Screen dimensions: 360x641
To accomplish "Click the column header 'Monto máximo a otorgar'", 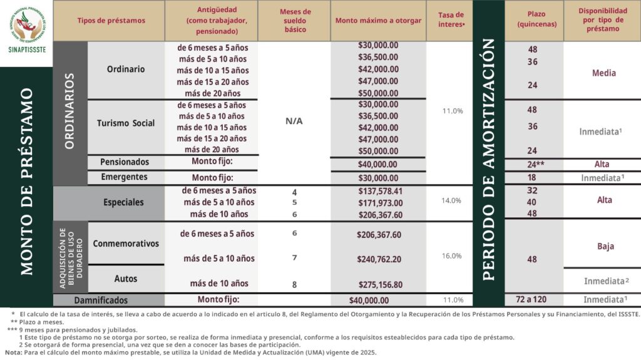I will click(x=378, y=21).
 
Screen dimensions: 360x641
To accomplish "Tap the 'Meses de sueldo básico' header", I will click(x=294, y=21).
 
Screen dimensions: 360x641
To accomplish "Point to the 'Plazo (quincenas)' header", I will click(x=533, y=19).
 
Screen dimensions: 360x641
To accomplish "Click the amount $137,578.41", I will click(x=380, y=191).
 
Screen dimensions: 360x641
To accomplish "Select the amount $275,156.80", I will click(x=380, y=284).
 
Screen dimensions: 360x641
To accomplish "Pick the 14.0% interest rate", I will click(x=451, y=201).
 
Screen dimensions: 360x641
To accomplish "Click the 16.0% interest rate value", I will click(x=451, y=256).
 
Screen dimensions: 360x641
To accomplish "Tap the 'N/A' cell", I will click(x=294, y=121).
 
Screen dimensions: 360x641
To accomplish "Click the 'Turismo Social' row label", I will click(x=126, y=123).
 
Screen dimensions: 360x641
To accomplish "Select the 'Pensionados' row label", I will click(x=125, y=162).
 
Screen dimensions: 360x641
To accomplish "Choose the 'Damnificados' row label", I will click(x=101, y=301).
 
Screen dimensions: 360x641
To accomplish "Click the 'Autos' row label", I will click(x=126, y=278).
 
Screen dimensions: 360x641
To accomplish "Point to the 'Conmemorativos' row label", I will click(x=126, y=244).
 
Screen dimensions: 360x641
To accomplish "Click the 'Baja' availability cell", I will click(x=605, y=246).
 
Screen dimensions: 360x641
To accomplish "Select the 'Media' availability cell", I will click(x=603, y=73).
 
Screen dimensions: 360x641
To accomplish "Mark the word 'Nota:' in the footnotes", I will click(x=13, y=352).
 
